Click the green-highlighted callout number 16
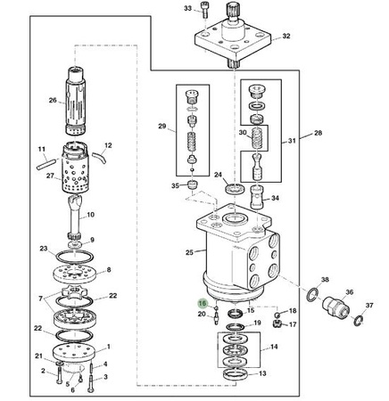(203, 303)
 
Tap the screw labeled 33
(204, 10)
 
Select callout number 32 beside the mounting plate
(286, 36)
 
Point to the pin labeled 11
(46, 165)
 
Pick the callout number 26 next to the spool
(53, 101)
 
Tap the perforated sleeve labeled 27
(76, 168)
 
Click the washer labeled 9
(74, 245)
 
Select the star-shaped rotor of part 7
(73, 291)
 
